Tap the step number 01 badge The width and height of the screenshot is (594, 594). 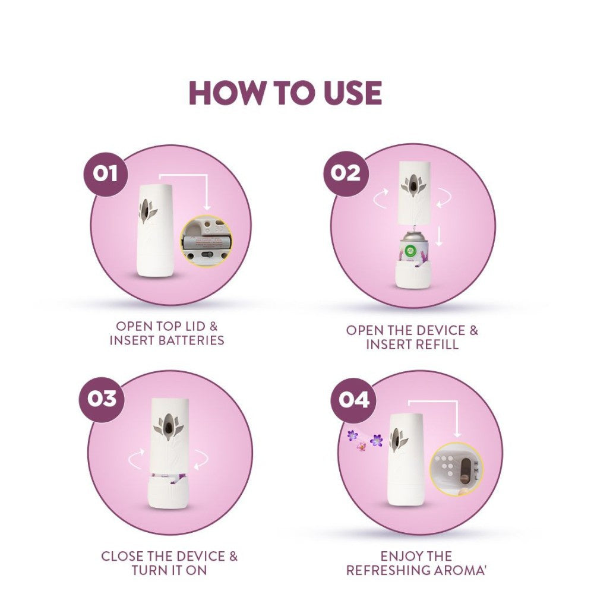coord(105,174)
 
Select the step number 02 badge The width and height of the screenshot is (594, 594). coord(346,173)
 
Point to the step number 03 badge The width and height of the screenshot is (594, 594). coord(102,399)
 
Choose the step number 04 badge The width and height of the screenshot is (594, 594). coord(354,400)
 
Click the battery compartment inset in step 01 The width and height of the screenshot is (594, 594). coord(206,241)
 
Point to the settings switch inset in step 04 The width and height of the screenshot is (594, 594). coord(456,469)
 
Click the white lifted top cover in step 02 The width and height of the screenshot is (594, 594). coord(413,191)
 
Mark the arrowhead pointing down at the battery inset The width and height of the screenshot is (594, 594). coord(207,207)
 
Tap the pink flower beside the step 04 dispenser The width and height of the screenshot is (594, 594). coord(361,446)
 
